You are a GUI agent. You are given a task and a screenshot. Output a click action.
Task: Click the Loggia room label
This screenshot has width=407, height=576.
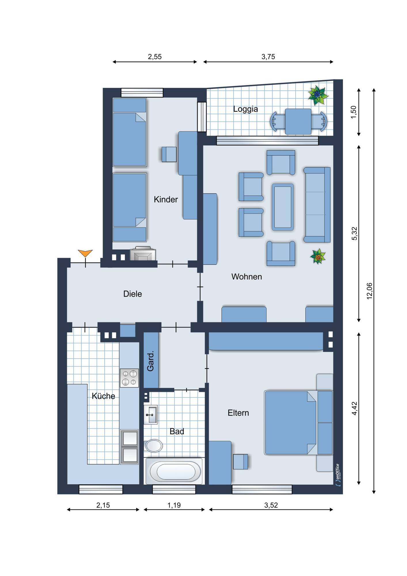245,109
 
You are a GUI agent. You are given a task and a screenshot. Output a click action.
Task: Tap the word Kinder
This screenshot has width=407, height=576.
166,199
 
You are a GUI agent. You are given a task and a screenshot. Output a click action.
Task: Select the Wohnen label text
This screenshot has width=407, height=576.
247,277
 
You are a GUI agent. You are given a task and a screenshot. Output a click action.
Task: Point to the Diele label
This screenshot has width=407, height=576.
132,294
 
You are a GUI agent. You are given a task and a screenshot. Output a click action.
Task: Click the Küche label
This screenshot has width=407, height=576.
103,396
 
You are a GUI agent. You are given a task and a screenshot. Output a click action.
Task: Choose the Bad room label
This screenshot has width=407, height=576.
177,431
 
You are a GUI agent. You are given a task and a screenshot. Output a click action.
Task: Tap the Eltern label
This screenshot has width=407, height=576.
238,413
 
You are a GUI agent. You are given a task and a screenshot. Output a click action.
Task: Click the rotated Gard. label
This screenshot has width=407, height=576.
150,361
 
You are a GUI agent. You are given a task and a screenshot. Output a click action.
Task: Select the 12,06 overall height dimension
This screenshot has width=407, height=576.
369,291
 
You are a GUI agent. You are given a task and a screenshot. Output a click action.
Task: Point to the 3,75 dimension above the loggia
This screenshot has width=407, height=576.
268,57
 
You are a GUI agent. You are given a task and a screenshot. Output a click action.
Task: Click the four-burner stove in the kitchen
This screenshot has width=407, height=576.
129,378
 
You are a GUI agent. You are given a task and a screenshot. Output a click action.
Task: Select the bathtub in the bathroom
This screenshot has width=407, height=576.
174,471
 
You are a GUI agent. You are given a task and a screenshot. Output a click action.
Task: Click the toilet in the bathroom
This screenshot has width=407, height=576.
153,446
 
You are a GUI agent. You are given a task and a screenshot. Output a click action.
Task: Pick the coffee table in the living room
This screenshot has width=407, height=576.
283,207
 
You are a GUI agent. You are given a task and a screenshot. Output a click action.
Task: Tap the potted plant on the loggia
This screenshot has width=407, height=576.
318,95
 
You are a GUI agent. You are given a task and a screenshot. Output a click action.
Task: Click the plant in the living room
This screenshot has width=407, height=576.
318,256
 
